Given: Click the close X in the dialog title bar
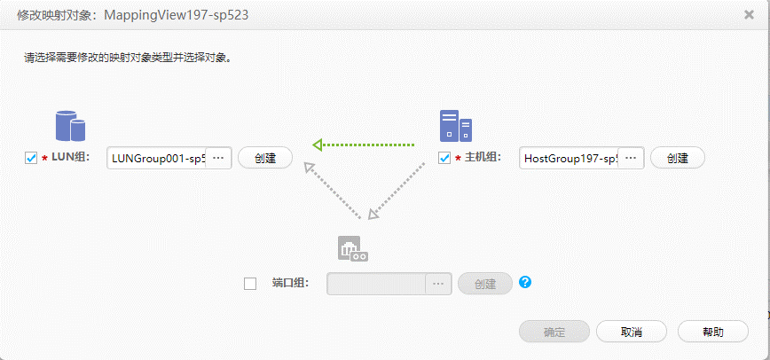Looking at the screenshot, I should pyautogui.click(x=750, y=15).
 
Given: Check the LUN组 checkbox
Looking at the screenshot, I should pyautogui.click(x=31, y=158).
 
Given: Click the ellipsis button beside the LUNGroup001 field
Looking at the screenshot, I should pyautogui.click(x=219, y=159).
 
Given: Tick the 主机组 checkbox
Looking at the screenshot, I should pyautogui.click(x=445, y=158).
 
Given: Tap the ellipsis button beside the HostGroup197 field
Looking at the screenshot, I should pyautogui.click(x=632, y=158).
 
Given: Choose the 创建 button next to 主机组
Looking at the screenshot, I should pyautogui.click(x=677, y=158).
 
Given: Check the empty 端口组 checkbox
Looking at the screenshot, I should pyautogui.click(x=250, y=284).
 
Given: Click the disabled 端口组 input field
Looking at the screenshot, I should pyautogui.click(x=376, y=284).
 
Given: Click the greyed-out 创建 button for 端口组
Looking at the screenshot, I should pyautogui.click(x=485, y=284).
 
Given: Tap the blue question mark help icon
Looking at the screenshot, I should pyautogui.click(x=525, y=283).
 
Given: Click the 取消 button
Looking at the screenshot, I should pyautogui.click(x=631, y=332).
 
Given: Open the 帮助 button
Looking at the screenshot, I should pyautogui.click(x=712, y=332).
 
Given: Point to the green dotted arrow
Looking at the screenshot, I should pyautogui.click(x=363, y=144).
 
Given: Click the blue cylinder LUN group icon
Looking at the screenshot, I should pyautogui.click(x=70, y=126).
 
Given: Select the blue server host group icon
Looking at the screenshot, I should pyautogui.click(x=455, y=126).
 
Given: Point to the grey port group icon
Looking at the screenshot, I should pyautogui.click(x=352, y=248).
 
